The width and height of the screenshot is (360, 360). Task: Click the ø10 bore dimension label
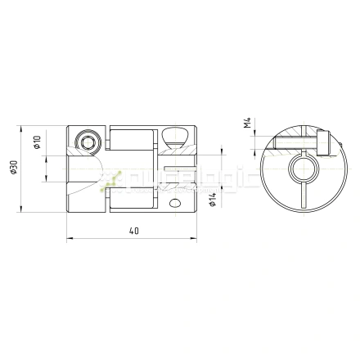coord(38,144)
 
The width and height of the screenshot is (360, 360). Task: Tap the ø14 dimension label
coord(212,198)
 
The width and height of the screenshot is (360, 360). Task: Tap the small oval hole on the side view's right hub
coord(173,200)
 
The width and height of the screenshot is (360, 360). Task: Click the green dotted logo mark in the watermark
coord(112,180)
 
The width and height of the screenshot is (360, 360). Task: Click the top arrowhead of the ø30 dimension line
coord(22,130)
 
